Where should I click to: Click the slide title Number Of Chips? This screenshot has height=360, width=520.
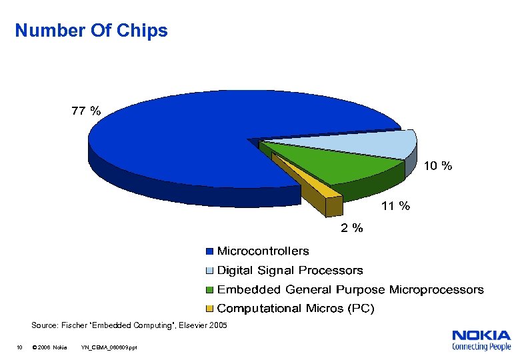pyautogui.click(x=91, y=31)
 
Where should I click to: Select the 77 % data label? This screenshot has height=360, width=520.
pyautogui.click(x=86, y=111)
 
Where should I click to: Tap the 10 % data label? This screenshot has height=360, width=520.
pyautogui.click(x=438, y=167)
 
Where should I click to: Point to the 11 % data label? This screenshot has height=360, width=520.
pyautogui.click(x=395, y=206)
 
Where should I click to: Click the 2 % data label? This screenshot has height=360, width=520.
pyautogui.click(x=352, y=229)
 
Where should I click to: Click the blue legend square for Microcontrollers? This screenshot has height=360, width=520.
pyautogui.click(x=209, y=252)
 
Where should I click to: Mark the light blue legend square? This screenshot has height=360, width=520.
pyautogui.click(x=209, y=271)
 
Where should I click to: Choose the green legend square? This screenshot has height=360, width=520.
pyautogui.click(x=209, y=290)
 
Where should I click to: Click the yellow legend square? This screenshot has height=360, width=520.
pyautogui.click(x=209, y=309)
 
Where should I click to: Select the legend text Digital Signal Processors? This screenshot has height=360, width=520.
pyautogui.click(x=290, y=271)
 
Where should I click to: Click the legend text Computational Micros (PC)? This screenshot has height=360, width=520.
pyautogui.click(x=296, y=309)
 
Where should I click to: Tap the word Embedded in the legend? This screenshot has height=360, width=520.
pyautogui.click(x=249, y=290)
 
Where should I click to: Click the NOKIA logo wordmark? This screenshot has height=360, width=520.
pyautogui.click(x=481, y=335)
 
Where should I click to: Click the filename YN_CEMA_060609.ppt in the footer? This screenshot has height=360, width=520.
pyautogui.click(x=109, y=347)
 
